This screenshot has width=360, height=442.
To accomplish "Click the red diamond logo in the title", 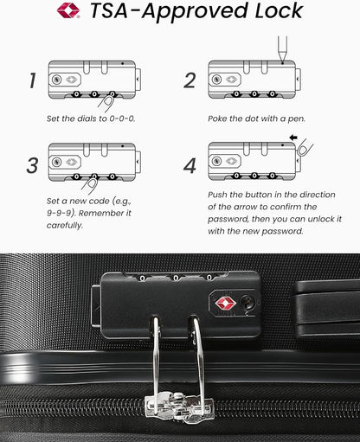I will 68,11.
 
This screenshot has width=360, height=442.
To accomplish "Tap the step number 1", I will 32,81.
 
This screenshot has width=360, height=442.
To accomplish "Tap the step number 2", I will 190,81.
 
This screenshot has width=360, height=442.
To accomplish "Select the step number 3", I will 32,164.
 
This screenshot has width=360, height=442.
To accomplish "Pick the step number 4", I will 190,164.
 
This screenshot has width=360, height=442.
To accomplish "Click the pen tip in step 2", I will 282,58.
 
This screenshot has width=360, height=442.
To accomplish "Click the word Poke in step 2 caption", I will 219,118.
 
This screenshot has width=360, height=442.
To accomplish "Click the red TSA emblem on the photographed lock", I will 224,302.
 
